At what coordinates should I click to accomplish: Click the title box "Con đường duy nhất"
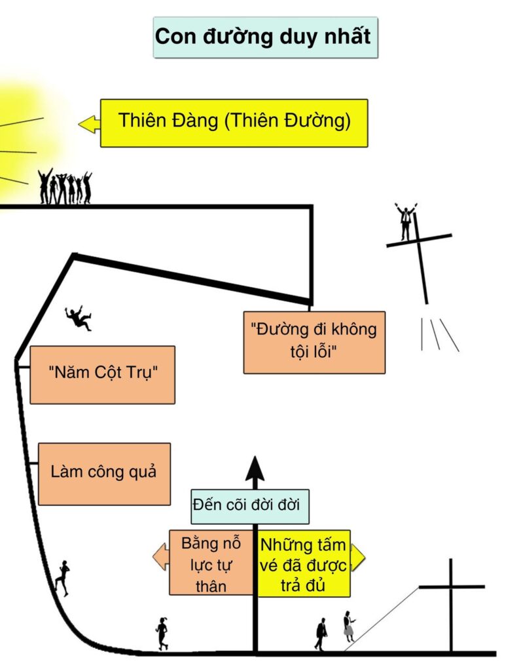click(x=266, y=37)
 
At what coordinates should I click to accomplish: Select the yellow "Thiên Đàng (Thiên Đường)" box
click(x=234, y=123)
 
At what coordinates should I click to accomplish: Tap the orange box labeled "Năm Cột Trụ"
click(x=103, y=375)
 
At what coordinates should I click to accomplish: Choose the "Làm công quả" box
click(x=104, y=474)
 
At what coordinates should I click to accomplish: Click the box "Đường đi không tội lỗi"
click(x=314, y=342)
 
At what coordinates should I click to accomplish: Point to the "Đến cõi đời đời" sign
click(x=249, y=507)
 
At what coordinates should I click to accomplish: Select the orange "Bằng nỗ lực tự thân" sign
click(x=211, y=563)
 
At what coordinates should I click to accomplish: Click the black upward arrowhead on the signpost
click(x=255, y=469)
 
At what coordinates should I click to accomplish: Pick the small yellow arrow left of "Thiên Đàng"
click(x=89, y=124)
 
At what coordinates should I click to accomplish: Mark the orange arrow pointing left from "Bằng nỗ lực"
click(x=161, y=556)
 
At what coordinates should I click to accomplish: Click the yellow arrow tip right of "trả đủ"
click(x=358, y=558)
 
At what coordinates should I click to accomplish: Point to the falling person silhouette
click(x=78, y=318)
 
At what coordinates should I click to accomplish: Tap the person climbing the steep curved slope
click(x=62, y=578)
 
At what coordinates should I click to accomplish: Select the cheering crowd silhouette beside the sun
click(x=65, y=187)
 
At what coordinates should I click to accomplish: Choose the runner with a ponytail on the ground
click(x=162, y=634)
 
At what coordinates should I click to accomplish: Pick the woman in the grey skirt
click(x=349, y=626)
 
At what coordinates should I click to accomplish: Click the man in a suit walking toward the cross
click(x=321, y=634)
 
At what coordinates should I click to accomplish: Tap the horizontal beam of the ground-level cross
click(x=452, y=586)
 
